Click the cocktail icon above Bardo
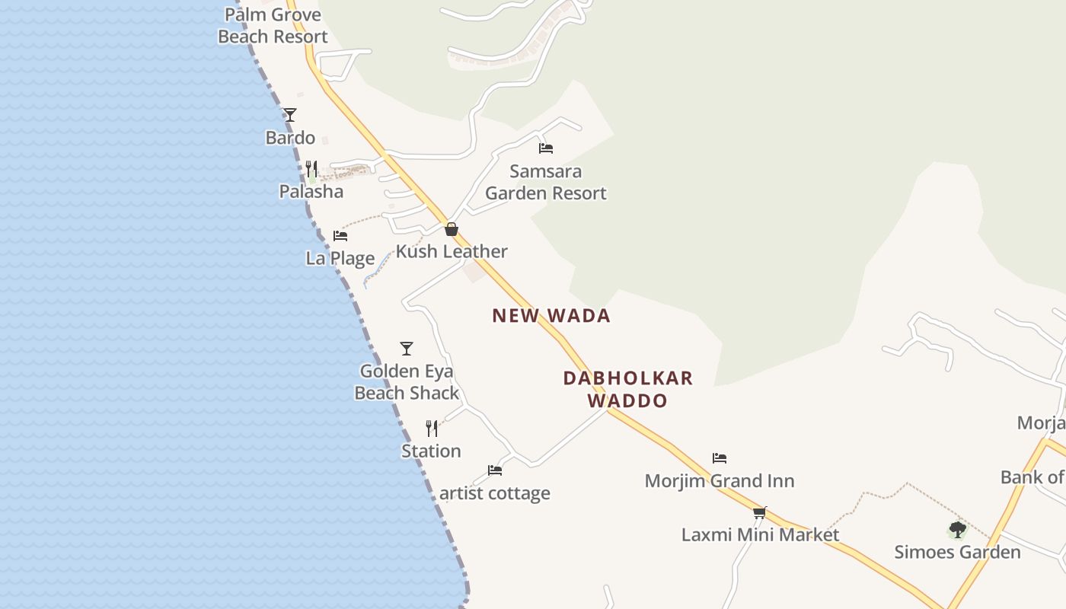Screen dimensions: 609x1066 tap(290, 115)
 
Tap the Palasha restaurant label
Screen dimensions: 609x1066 tap(311, 191)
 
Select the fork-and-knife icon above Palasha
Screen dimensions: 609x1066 tap(311, 167)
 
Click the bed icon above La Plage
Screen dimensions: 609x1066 tap(340, 236)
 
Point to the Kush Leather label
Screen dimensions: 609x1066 tap(452, 251)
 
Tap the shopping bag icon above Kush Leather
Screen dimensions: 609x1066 tap(452, 229)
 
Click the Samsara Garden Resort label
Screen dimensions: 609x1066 tap(546, 182)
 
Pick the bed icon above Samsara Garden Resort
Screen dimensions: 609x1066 tap(546, 148)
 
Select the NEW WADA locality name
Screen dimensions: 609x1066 tap(551, 316)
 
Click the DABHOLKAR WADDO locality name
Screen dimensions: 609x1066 tap(628, 389)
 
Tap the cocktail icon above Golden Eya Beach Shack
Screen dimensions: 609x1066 tap(407, 349)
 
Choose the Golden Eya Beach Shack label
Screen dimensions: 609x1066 tap(407, 382)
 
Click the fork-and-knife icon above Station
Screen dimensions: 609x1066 tap(432, 429)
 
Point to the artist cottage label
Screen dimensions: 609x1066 tap(495, 493)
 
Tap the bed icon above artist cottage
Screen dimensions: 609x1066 tap(495, 470)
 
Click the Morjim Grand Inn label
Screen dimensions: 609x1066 tap(720, 481)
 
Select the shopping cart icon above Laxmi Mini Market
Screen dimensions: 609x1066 tap(759, 512)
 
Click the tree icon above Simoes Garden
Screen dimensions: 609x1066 tap(958, 530)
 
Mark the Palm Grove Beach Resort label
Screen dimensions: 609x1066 tap(273, 25)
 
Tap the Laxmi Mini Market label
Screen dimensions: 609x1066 tap(760, 534)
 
